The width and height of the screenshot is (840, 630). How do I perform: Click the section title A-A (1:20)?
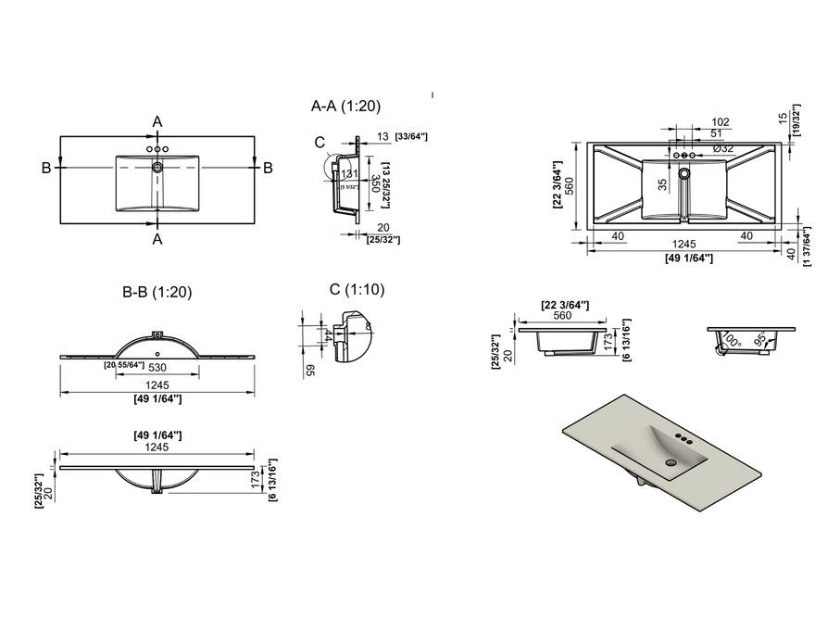pyautogui.click(x=345, y=107)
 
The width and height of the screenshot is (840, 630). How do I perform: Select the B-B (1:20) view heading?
pyautogui.click(x=157, y=292)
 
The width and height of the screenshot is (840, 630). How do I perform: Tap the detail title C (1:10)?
pyautogui.click(x=357, y=289)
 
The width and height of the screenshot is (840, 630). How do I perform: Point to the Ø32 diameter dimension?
pyautogui.click(x=723, y=148)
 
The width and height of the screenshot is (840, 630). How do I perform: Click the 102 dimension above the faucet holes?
pyautogui.click(x=721, y=121)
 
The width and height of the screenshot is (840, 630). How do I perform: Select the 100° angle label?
pyautogui.click(x=733, y=341)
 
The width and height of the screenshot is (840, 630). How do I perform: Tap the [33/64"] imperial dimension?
pyautogui.click(x=411, y=137)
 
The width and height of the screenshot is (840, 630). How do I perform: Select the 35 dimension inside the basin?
pyautogui.click(x=662, y=183)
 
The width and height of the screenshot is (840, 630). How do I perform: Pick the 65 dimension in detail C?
pyautogui.click(x=309, y=370)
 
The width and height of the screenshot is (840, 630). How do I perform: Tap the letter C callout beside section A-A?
pyautogui.click(x=320, y=142)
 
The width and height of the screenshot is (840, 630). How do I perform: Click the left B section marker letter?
pyautogui.click(x=45, y=168)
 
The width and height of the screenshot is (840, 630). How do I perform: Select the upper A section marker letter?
pyautogui.click(x=157, y=122)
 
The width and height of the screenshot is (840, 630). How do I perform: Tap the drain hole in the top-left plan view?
pyautogui.click(x=157, y=168)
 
